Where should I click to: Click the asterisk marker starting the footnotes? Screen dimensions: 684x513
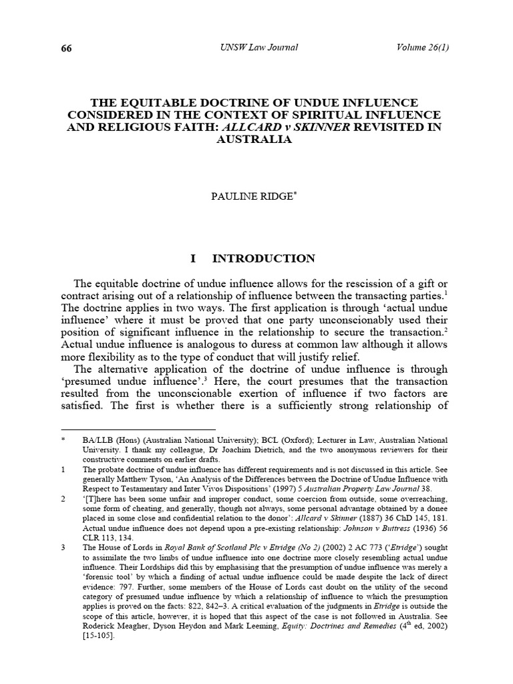[62, 441]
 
